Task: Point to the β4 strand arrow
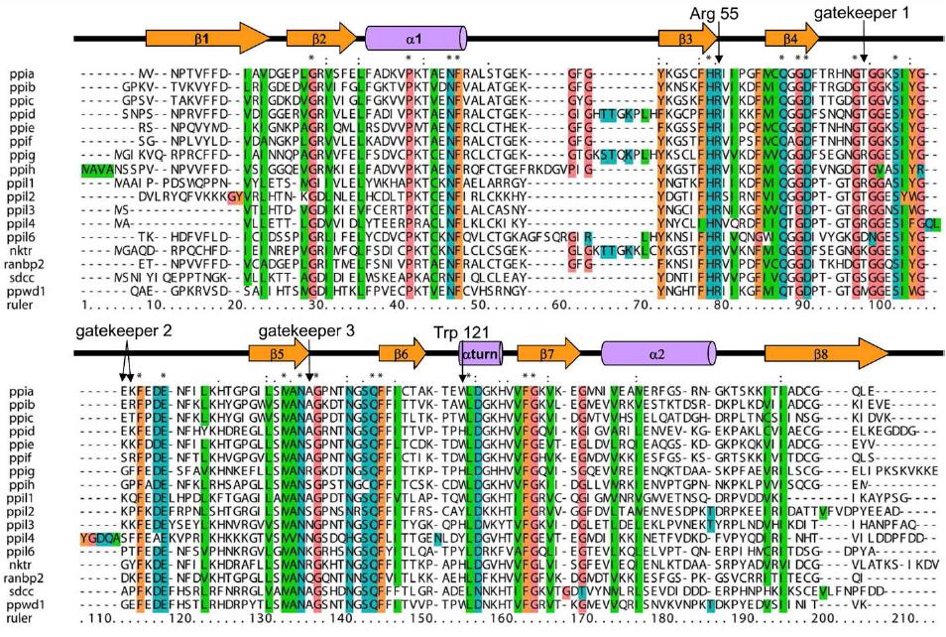click(x=791, y=38)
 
